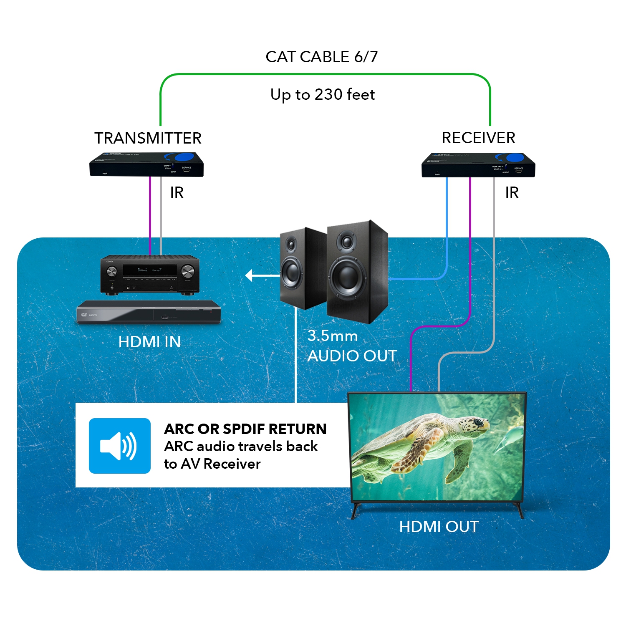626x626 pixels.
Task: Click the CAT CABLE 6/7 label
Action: coord(321,57)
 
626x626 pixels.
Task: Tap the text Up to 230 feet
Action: coord(322,95)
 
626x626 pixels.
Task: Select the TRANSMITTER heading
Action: coord(148,138)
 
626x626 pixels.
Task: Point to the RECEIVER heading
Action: coord(478,138)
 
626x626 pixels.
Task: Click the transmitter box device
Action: coord(146,165)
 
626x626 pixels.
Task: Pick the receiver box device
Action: coord(478,166)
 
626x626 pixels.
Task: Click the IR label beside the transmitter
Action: coord(177,192)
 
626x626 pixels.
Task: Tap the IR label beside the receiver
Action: coord(512,192)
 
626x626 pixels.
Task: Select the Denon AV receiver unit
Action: coord(150,275)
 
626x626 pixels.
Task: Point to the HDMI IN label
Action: coord(149,342)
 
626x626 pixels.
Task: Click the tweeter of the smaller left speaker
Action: coord(291,244)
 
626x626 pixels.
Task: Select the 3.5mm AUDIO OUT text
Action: coord(351,346)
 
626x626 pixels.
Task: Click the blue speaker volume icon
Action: coord(119,446)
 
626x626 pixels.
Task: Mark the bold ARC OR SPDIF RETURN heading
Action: coord(245,429)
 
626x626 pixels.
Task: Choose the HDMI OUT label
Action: coord(439,527)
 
